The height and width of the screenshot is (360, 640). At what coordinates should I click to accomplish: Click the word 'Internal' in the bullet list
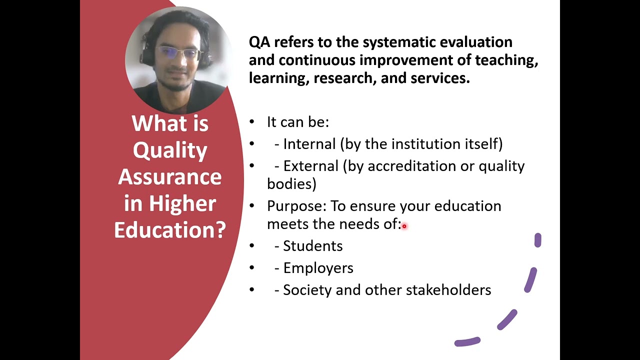309,144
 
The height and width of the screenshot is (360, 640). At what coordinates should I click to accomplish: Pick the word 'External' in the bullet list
311,166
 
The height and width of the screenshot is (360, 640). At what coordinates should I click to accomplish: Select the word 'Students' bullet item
313,246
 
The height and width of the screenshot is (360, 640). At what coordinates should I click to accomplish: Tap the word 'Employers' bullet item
318,268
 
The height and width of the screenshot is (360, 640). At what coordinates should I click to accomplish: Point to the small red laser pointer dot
404,226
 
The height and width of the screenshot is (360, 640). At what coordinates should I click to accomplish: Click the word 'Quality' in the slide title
170,150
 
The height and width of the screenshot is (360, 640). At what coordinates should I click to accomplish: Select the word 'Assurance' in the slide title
170,177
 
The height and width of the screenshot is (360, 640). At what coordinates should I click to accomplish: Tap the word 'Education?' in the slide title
170,230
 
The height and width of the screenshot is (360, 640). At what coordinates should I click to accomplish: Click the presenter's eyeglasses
178,53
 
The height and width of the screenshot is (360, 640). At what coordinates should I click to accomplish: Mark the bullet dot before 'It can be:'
252,122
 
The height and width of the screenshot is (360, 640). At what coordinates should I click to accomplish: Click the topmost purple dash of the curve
537,240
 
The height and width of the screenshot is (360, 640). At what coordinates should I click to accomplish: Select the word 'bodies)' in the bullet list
291,184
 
